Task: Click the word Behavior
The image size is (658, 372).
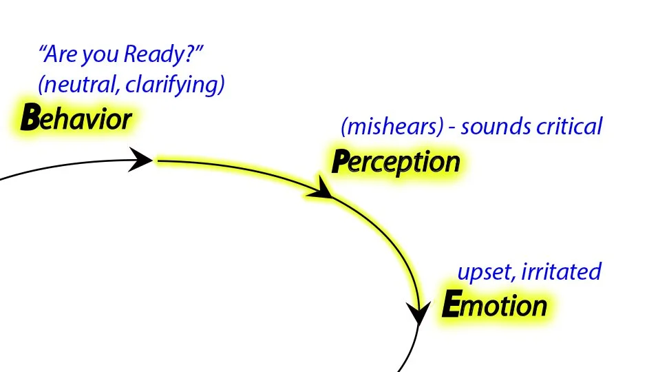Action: [x=76, y=118]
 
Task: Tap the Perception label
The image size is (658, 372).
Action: [x=396, y=162]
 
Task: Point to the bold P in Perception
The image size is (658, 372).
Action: [x=340, y=162]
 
